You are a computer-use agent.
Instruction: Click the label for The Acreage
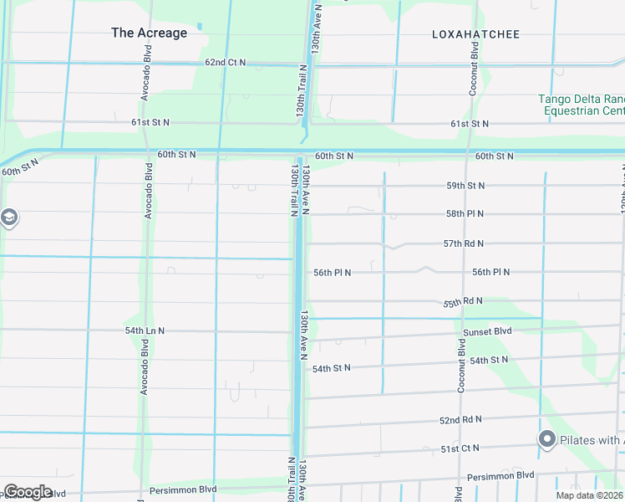[x=150, y=33]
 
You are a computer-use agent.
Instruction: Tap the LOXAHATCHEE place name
[x=475, y=34]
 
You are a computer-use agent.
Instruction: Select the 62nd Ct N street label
[x=226, y=63]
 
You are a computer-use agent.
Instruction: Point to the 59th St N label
[x=465, y=185]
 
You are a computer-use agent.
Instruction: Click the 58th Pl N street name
[x=465, y=214]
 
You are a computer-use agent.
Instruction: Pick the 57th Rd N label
[x=463, y=243]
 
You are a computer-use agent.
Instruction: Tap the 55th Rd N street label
[x=463, y=301]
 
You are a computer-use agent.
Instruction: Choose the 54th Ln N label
[x=145, y=330]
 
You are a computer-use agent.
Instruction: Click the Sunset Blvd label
[x=487, y=331]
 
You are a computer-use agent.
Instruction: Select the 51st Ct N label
[x=460, y=448]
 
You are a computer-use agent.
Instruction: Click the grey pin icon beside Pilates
[x=547, y=439]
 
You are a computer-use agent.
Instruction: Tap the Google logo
[x=28, y=491]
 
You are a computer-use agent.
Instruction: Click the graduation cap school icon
[x=8, y=219]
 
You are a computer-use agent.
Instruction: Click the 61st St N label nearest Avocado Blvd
[x=150, y=122]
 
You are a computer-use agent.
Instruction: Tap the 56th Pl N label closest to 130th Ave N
[x=332, y=273]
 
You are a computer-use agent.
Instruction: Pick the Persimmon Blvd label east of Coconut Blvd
[x=501, y=475]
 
